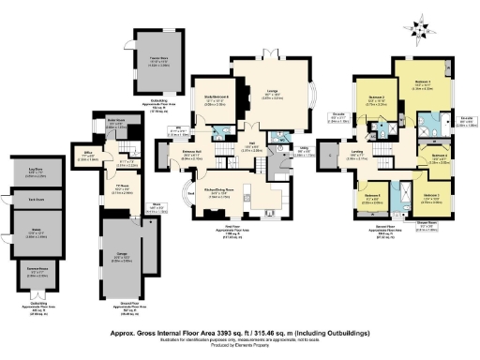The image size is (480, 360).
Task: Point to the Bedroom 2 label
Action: [377, 97]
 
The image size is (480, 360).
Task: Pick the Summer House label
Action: [35, 273]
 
